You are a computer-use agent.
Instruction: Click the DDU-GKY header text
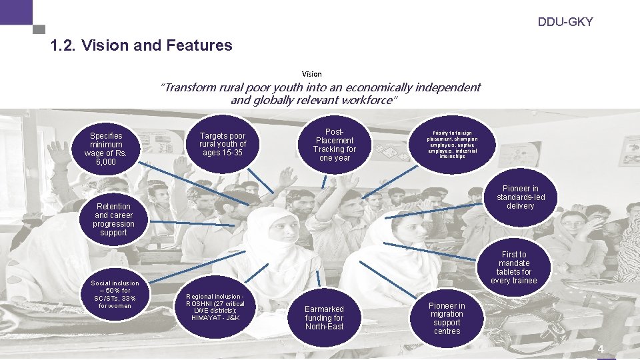pos(565,22)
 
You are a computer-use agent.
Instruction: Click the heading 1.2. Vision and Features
pos(141,46)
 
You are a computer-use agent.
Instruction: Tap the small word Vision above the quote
pos(311,74)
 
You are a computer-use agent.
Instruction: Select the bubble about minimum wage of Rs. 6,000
pos(107,149)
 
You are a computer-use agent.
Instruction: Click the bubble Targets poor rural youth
pos(223,144)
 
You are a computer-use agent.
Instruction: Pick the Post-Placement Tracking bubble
pos(335,145)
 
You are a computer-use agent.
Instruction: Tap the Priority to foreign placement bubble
pos(453,144)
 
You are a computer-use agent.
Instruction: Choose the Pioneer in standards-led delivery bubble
pos(520,197)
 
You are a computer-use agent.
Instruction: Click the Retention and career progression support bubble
pos(113,219)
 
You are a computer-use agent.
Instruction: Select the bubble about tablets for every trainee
pos(513,267)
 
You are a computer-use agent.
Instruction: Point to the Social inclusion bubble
pos(115,295)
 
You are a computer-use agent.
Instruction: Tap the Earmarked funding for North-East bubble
pos(325,317)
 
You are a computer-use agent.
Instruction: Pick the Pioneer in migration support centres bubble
pos(447,318)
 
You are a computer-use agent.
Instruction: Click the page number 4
pos(600,349)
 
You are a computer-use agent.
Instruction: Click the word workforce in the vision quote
pos(367,101)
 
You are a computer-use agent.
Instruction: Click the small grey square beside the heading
pos(39,30)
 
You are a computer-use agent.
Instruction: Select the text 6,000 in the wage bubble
pos(106,162)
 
